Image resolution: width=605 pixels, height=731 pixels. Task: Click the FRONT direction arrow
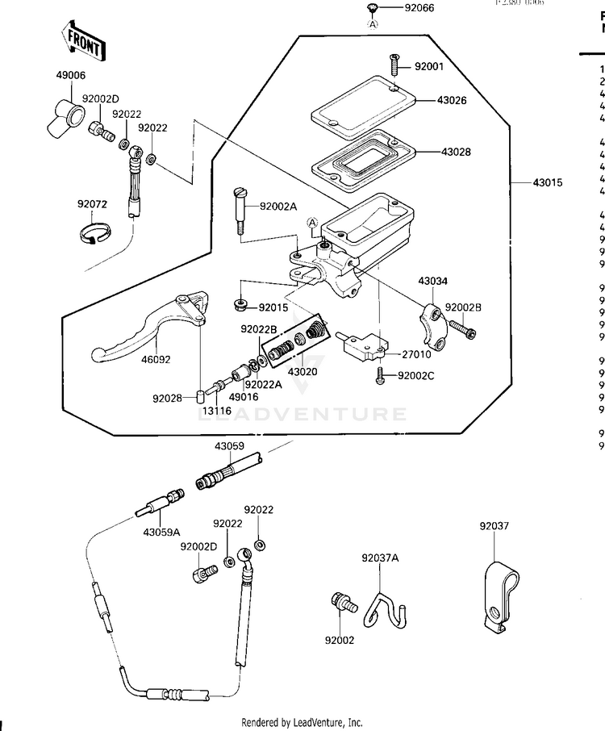pos(82,44)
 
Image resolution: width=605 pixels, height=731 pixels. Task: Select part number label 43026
pos(454,101)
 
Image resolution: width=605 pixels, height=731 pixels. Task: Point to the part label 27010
pos(419,354)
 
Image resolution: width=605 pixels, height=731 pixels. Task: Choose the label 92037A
pos(380,558)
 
